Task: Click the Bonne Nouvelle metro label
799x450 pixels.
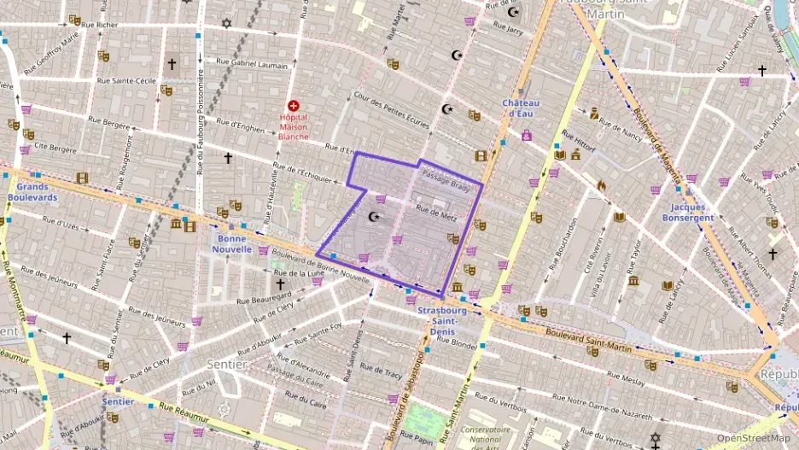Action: (232, 243)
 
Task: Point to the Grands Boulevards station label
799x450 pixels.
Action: (32, 191)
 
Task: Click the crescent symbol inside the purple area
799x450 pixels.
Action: (373, 217)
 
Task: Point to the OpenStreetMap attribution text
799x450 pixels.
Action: (753, 438)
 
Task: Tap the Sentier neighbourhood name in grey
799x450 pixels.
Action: (227, 365)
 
